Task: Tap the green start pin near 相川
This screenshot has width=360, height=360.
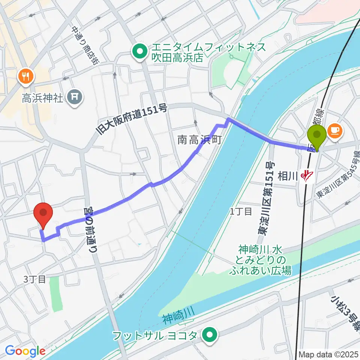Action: tap(317, 137)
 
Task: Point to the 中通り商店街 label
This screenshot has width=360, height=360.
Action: tap(83, 45)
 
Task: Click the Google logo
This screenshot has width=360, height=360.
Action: tap(25, 351)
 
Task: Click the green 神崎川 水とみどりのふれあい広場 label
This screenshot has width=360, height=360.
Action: tap(261, 259)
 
